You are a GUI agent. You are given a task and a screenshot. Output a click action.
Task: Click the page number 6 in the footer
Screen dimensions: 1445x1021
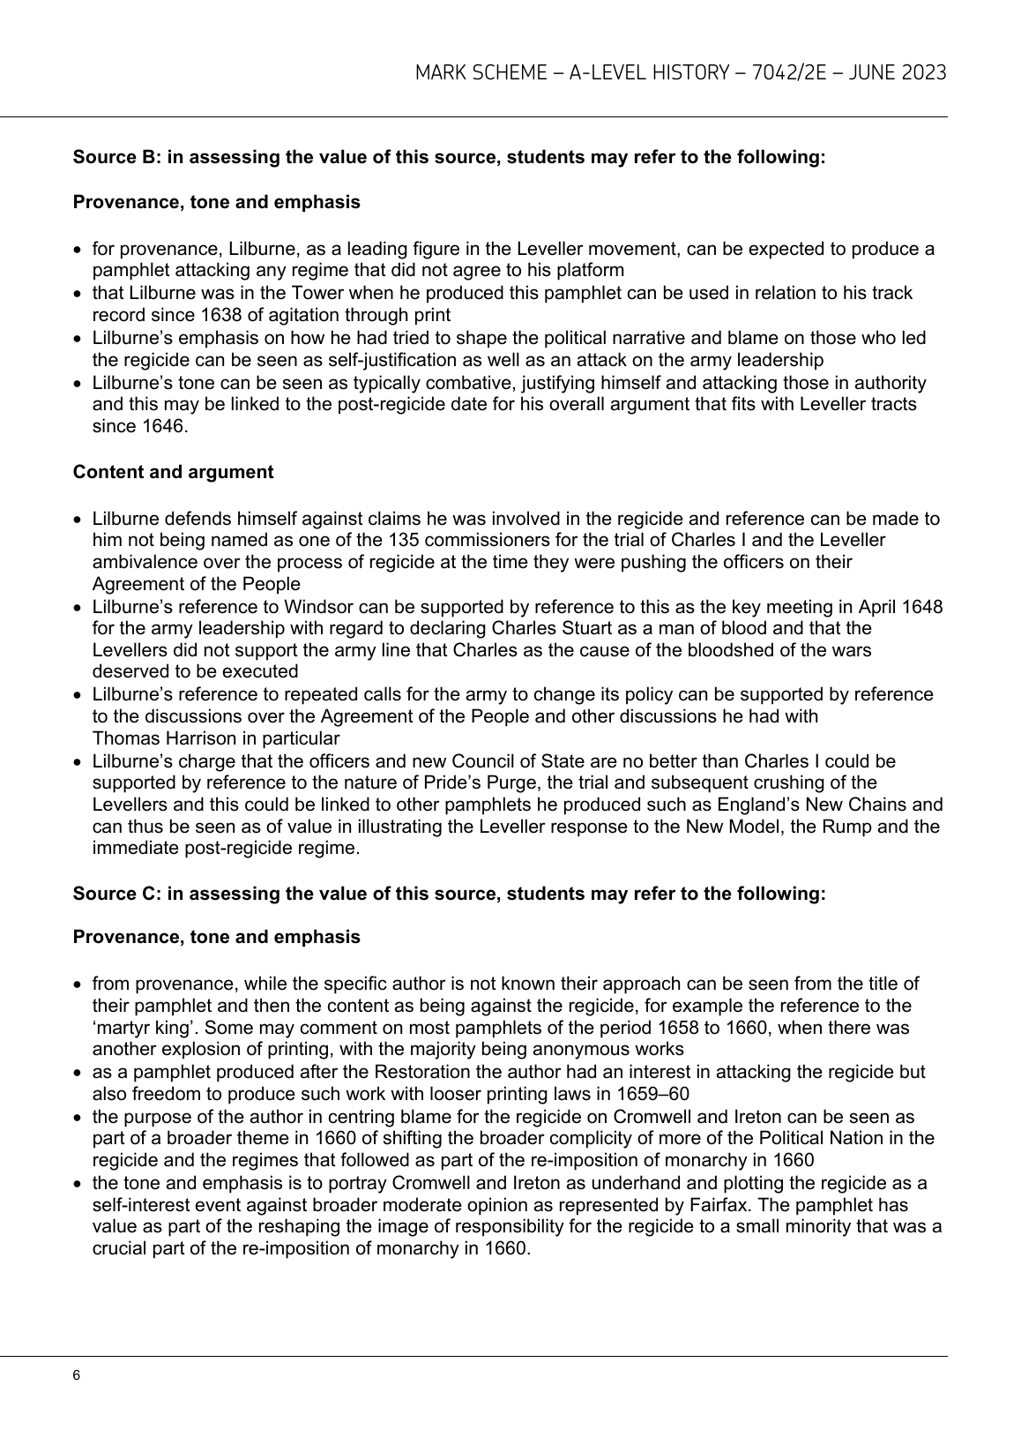(77, 1376)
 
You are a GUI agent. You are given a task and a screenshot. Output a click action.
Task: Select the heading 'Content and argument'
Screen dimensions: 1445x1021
(173, 472)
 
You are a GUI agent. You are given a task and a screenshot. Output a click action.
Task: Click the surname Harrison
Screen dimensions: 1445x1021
(187, 738)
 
